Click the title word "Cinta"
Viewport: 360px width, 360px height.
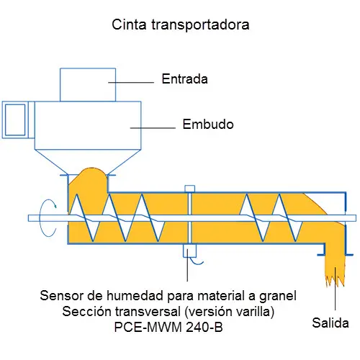coord(129,24)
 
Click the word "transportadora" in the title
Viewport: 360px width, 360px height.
coord(200,25)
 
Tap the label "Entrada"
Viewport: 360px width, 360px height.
coord(184,79)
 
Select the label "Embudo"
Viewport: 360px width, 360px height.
coord(208,125)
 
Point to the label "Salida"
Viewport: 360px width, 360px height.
coord(330,323)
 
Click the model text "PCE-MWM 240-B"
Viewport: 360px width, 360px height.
coord(168,327)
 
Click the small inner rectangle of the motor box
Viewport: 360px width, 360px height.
coord(15,120)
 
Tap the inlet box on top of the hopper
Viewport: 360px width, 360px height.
coord(88,85)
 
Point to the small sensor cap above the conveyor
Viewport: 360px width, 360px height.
coord(189,189)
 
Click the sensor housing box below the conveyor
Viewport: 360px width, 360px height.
coord(189,251)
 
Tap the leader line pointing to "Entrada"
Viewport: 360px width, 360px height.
coord(131,82)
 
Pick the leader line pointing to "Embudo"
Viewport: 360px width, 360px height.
coord(153,128)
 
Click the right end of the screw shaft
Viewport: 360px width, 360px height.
coord(356,218)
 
